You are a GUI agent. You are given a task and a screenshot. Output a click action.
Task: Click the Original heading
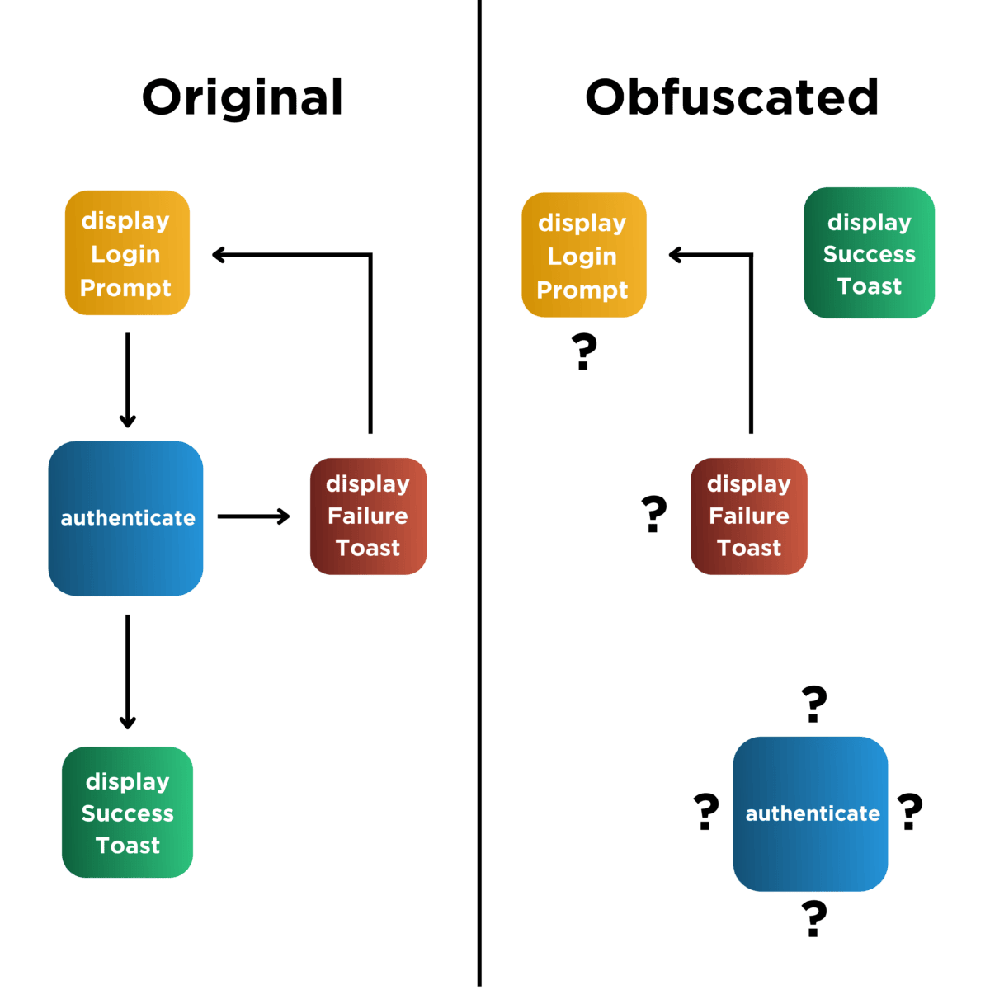coord(243,97)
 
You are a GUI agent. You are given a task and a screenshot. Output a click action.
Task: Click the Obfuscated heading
coord(732,97)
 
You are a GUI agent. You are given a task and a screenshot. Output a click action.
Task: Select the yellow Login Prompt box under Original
coord(127,253)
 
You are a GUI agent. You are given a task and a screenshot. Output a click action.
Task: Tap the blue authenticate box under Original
coord(126,518)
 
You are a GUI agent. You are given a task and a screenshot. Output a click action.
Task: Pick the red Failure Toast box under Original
coord(368,516)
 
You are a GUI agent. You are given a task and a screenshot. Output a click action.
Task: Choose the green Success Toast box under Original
coord(127,813)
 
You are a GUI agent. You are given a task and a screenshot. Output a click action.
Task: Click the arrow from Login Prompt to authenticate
coord(127,379)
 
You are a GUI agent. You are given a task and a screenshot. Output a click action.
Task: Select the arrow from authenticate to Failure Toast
coord(253,516)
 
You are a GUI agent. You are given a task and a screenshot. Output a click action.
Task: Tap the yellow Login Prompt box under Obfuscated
coord(583,255)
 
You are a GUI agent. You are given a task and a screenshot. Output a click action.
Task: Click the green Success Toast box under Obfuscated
coord(869,253)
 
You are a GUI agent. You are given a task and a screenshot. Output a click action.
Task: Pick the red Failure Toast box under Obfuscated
coord(748,516)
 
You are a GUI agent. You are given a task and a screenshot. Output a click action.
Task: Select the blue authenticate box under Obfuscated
coord(810,813)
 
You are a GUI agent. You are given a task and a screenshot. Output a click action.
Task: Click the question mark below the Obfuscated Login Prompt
coord(584,352)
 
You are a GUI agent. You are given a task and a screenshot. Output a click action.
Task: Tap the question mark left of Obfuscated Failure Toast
coord(654,514)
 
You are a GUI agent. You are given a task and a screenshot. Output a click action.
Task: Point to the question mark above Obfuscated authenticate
coord(814,705)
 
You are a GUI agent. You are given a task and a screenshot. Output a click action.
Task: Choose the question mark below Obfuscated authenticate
coord(814,918)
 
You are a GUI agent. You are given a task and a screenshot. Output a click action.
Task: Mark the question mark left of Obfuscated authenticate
coord(706,811)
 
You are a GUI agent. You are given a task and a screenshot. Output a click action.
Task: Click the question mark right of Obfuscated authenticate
coord(910,811)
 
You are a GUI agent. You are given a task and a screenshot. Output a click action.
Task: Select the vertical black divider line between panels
coord(479,577)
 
